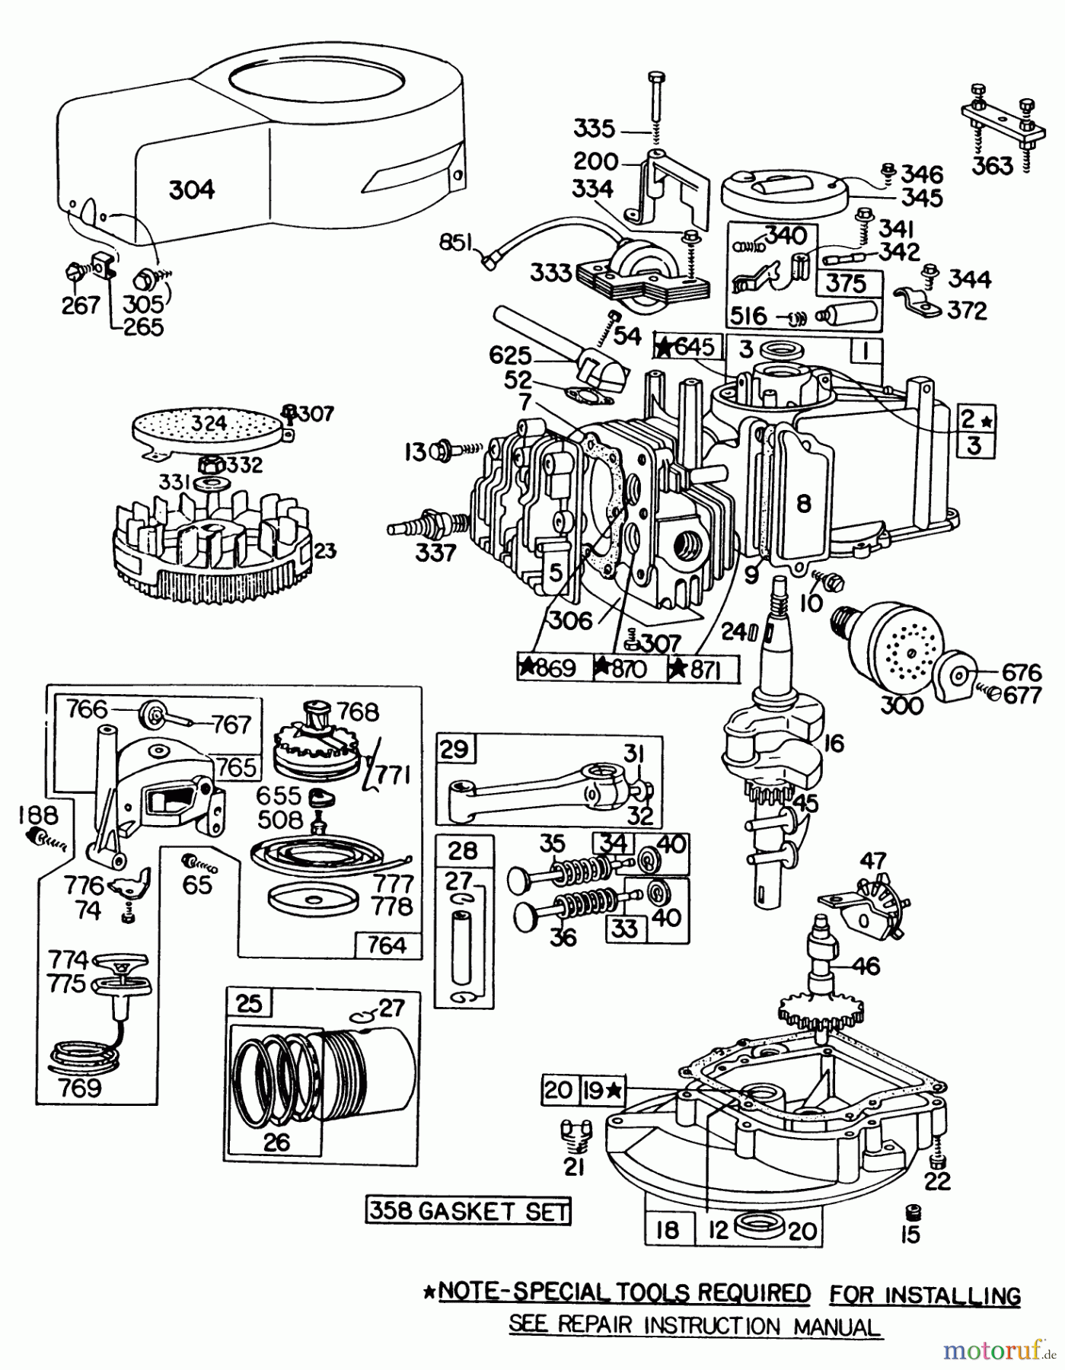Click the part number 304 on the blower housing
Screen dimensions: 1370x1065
(x=191, y=189)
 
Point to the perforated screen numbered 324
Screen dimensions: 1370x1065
(x=203, y=430)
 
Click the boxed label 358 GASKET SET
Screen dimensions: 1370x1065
(x=467, y=1210)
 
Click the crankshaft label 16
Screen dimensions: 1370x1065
(x=834, y=743)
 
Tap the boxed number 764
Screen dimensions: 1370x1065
(x=386, y=945)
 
